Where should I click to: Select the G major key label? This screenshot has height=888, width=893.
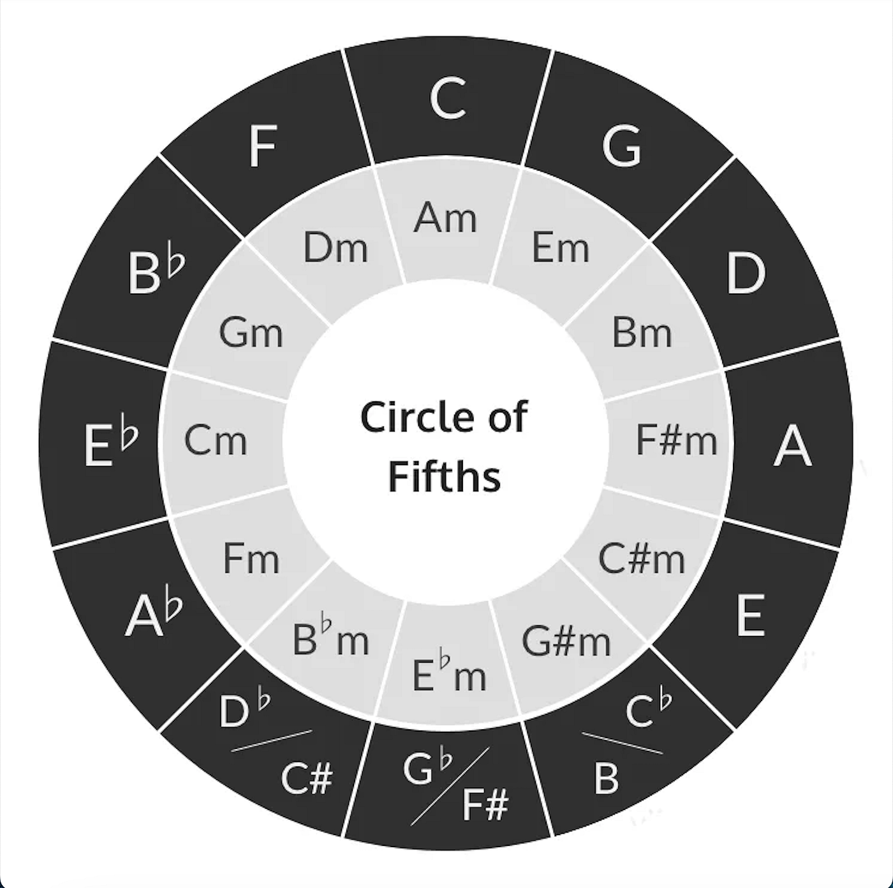[x=621, y=145]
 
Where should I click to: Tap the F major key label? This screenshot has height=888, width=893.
[x=263, y=146]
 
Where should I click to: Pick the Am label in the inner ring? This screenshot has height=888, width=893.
[x=445, y=218]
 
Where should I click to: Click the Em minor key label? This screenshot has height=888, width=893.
[x=560, y=248]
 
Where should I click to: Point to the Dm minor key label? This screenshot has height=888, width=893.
[x=336, y=248]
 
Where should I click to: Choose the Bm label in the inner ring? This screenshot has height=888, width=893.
[x=642, y=332]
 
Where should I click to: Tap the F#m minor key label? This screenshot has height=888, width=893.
[x=676, y=440]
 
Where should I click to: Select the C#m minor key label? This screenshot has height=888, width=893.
[x=642, y=558]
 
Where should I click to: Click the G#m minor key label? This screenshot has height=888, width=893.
[x=566, y=641]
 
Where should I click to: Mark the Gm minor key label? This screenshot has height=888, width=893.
[x=251, y=332]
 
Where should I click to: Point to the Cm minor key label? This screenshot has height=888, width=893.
[x=216, y=440]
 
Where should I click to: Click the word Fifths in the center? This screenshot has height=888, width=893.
[x=445, y=477]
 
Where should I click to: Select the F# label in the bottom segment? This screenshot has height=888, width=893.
[x=485, y=804]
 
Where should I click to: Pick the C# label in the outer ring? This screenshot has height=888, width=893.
[x=307, y=778]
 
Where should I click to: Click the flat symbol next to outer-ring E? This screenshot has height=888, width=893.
[x=129, y=431]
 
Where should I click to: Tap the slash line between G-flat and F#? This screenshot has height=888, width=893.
[x=450, y=786]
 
